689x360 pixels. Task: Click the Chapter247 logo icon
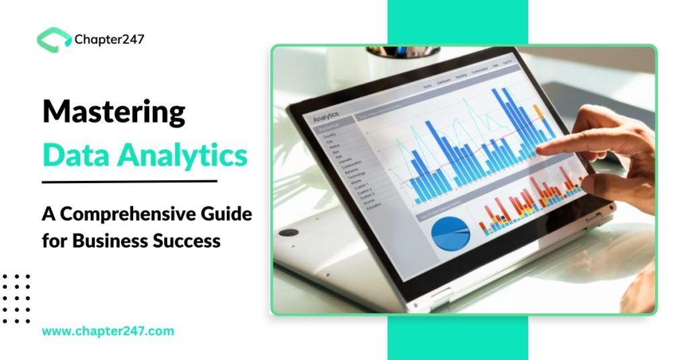54,39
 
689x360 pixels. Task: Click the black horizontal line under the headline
129,181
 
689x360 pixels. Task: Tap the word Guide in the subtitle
225,215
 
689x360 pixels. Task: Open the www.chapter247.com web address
108,331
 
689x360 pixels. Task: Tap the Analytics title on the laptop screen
326,116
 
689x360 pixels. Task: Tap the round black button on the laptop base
289,232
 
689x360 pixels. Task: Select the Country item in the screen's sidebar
330,135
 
